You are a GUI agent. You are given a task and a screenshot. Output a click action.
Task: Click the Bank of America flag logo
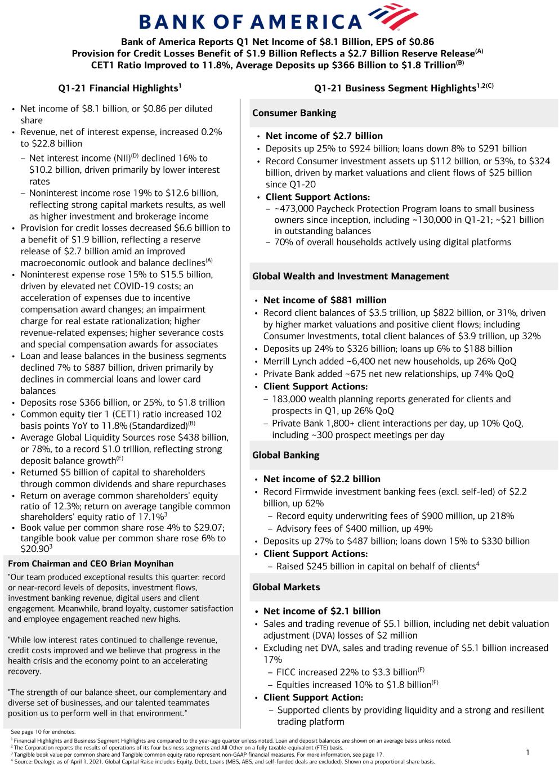pyautogui.click(x=392, y=17)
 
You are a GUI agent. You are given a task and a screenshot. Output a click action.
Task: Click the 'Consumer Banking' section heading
pyautogui.click(x=294, y=113)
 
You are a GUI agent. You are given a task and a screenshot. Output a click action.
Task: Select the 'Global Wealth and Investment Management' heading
pyautogui.click(x=350, y=276)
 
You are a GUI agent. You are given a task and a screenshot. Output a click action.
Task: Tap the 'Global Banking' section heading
pyautogui.click(x=285, y=455)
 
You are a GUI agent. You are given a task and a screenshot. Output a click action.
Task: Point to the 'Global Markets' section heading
pyautogui.click(x=286, y=587)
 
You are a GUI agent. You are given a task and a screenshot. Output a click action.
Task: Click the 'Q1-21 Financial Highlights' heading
pyautogui.click(x=119, y=88)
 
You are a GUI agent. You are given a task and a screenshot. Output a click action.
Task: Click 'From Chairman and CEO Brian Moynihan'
pyautogui.click(x=91, y=563)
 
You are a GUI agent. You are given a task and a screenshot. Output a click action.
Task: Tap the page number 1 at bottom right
pyautogui.click(x=527, y=752)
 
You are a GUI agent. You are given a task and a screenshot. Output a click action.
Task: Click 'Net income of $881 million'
pyautogui.click(x=325, y=300)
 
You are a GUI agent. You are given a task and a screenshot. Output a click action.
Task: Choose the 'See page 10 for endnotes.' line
pyautogui.click(x=43, y=731)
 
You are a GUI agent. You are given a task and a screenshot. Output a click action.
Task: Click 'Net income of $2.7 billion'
pyautogui.click(x=324, y=136)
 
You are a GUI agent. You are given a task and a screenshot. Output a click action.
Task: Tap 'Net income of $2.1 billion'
pyautogui.click(x=321, y=611)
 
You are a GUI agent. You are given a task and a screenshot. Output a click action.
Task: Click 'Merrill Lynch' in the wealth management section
pyautogui.click(x=292, y=361)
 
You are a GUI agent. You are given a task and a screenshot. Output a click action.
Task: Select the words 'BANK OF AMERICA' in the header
pyautogui.click(x=251, y=21)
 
